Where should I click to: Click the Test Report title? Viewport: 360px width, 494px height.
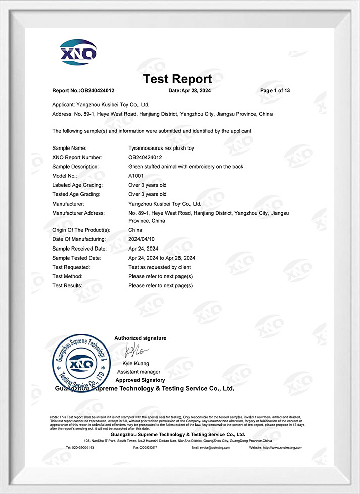(x=177, y=79)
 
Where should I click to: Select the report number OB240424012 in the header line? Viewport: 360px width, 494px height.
(x=97, y=91)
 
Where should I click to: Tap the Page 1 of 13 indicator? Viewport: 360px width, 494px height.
(x=275, y=91)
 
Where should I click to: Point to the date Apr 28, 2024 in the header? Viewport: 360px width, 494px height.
(x=197, y=91)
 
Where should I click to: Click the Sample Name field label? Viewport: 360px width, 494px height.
(x=69, y=148)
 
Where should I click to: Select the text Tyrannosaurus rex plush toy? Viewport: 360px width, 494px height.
(x=161, y=148)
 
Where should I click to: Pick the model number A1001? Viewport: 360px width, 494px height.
(x=137, y=176)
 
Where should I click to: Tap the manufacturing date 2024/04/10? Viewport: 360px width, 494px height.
(x=142, y=239)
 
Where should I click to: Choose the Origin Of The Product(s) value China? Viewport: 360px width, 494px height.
(x=136, y=230)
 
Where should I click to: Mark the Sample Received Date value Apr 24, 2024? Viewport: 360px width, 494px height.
(x=143, y=249)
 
